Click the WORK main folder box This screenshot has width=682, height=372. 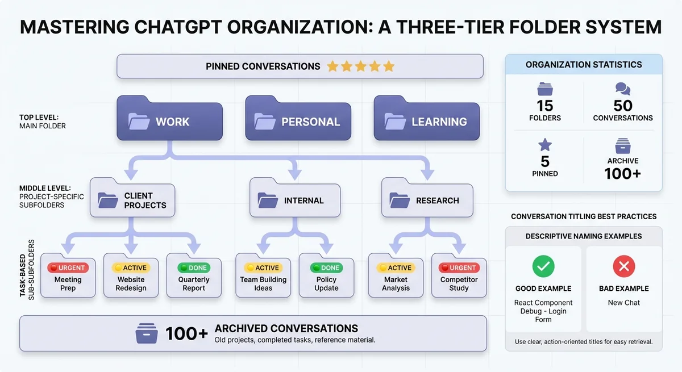[169, 122]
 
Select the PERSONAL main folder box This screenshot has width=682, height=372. [298, 122]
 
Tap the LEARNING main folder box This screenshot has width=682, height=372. [427, 122]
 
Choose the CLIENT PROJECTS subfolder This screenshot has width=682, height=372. [132, 200]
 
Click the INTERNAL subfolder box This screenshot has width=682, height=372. [294, 200]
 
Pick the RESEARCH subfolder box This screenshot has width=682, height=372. [427, 200]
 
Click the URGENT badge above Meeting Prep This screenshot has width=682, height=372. [68, 267]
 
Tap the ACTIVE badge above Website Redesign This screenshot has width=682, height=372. [131, 267]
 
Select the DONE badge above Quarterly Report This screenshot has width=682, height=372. [194, 267]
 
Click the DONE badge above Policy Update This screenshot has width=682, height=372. [326, 267]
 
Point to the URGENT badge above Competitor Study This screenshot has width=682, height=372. [459, 267]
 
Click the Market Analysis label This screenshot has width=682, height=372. [396, 283]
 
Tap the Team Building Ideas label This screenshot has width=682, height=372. [263, 283]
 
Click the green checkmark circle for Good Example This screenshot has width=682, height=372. [543, 266]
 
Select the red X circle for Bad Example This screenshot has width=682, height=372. [624, 266]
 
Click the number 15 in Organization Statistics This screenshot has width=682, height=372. [545, 106]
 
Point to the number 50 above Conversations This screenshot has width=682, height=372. [623, 106]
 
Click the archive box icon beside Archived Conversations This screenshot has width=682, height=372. [147, 333]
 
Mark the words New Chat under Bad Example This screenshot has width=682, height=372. [624, 303]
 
